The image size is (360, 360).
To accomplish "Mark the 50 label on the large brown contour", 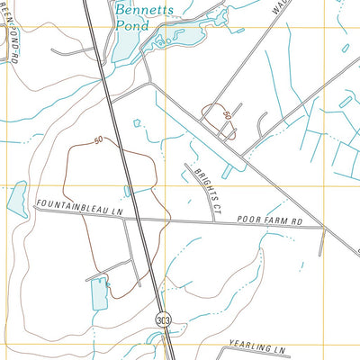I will point(97,139).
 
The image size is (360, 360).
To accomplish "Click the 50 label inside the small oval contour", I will point(228,117).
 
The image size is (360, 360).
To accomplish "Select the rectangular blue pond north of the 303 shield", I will point(99,292).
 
